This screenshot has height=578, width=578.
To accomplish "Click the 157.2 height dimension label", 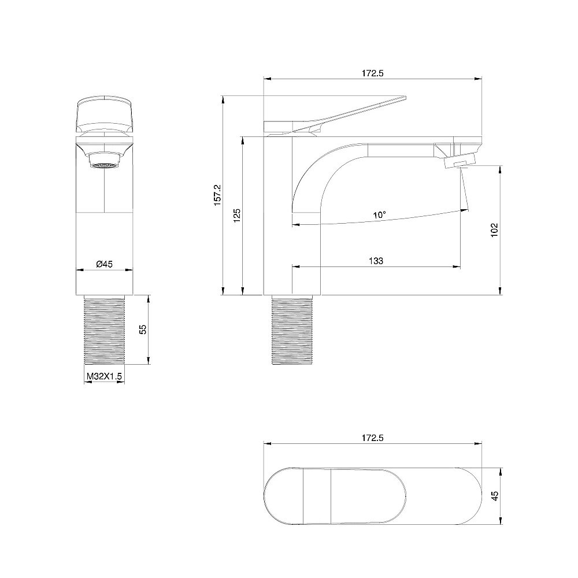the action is pos(218,195).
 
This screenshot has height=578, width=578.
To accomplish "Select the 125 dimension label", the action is pos(237,215).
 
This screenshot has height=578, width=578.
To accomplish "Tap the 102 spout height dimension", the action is pos(495,230).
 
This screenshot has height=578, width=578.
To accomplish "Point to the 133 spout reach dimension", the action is pos(376,261).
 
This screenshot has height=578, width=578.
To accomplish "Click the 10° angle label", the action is pos(379,215).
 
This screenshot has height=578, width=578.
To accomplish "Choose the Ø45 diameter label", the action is pos(104,264).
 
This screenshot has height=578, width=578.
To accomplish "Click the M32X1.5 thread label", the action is pos(104,376).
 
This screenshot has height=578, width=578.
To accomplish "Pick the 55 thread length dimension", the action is pos(143,329).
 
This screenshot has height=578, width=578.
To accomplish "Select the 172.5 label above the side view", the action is pos(373,73).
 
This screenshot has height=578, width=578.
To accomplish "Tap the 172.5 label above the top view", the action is pos(373,438).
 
